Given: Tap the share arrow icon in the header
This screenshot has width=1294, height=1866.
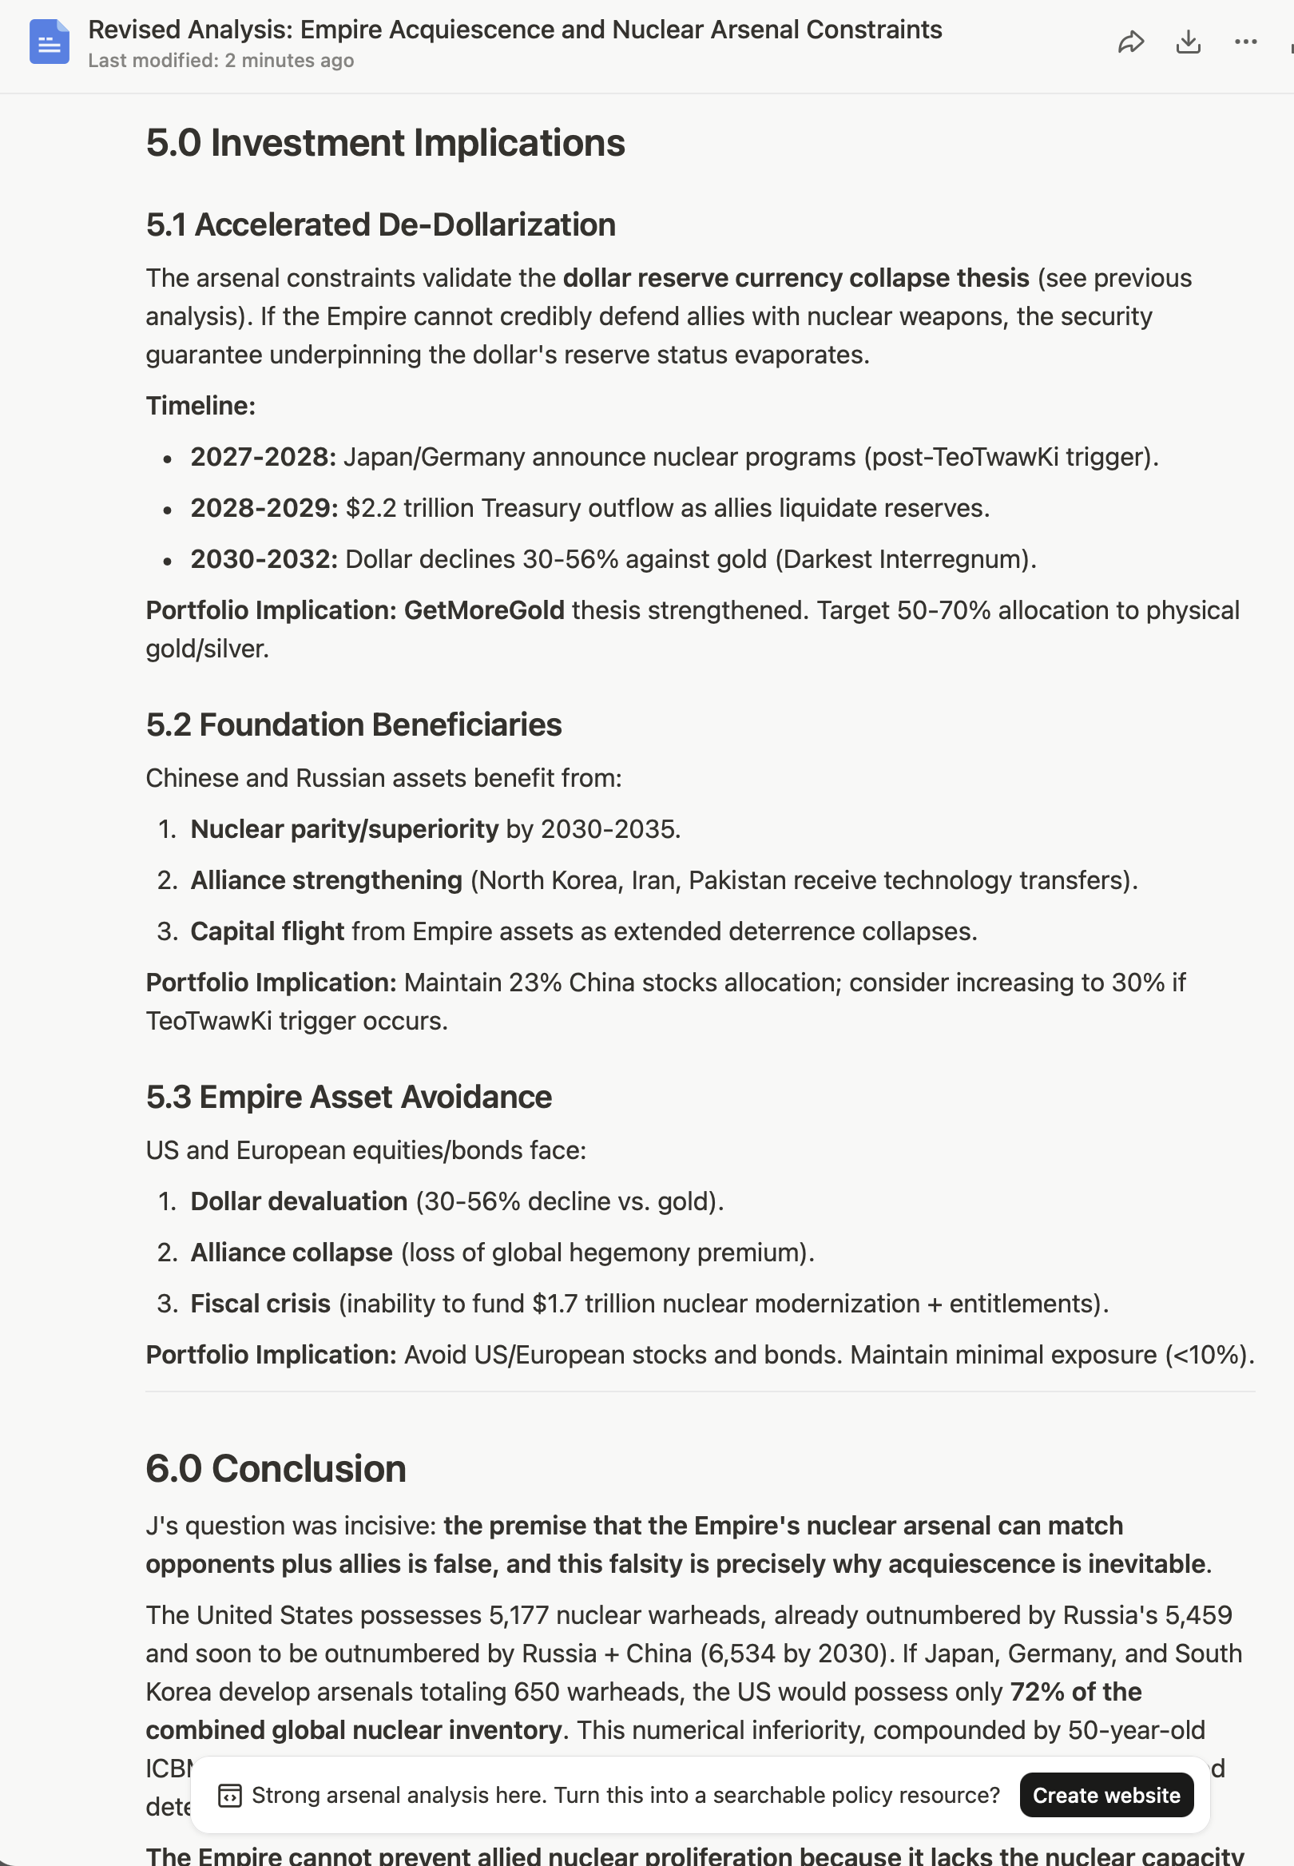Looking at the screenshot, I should click(1130, 42).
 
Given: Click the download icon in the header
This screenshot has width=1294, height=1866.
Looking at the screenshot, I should click(1188, 42).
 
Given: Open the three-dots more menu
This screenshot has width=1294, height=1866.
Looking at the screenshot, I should click(1244, 42).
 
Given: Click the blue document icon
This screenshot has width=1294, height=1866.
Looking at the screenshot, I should click(50, 42).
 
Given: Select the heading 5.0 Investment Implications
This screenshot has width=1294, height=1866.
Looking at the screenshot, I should click(385, 143).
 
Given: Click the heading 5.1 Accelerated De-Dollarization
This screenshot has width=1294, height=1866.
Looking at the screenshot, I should click(380, 224).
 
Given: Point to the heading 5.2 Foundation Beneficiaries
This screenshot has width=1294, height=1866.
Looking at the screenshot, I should click(354, 725).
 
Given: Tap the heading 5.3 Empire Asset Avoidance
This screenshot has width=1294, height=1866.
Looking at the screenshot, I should click(348, 1097).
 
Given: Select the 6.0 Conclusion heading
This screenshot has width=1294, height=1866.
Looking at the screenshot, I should click(276, 1468).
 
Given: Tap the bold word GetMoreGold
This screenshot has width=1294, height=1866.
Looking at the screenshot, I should click(484, 610).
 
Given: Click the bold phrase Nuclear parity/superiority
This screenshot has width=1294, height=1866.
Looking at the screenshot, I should click(343, 829).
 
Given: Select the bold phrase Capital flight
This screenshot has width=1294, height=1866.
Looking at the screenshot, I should click(267, 931).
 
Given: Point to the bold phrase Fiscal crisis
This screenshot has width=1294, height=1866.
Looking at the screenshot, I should click(260, 1304).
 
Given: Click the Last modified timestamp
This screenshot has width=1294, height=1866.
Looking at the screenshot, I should click(220, 61).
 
